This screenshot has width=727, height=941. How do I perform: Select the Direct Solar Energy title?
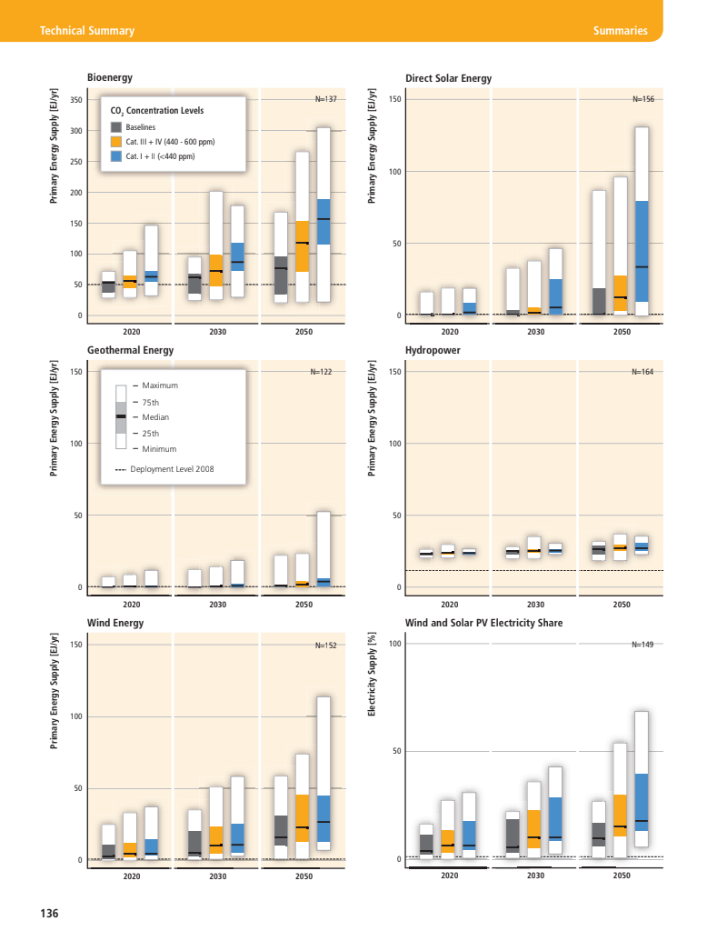pos(448,78)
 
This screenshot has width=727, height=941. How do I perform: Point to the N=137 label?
pos(325,98)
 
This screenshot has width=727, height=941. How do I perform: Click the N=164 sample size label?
pos(642,372)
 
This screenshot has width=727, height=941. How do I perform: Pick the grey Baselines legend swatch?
pos(116,127)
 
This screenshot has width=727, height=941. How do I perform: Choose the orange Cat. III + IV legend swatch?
pos(116,142)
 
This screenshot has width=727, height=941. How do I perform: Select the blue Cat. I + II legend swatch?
pos(116,156)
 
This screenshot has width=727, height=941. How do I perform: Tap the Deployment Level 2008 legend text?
pos(173,469)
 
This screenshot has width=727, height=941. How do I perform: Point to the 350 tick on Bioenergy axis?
pos(75,100)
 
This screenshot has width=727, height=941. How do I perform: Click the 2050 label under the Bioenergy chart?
pos(304,332)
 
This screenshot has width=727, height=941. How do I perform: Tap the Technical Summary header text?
pos(87,31)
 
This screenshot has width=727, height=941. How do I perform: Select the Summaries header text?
pos(620,31)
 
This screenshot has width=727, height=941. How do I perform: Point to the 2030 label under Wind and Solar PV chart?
pos(535,876)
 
